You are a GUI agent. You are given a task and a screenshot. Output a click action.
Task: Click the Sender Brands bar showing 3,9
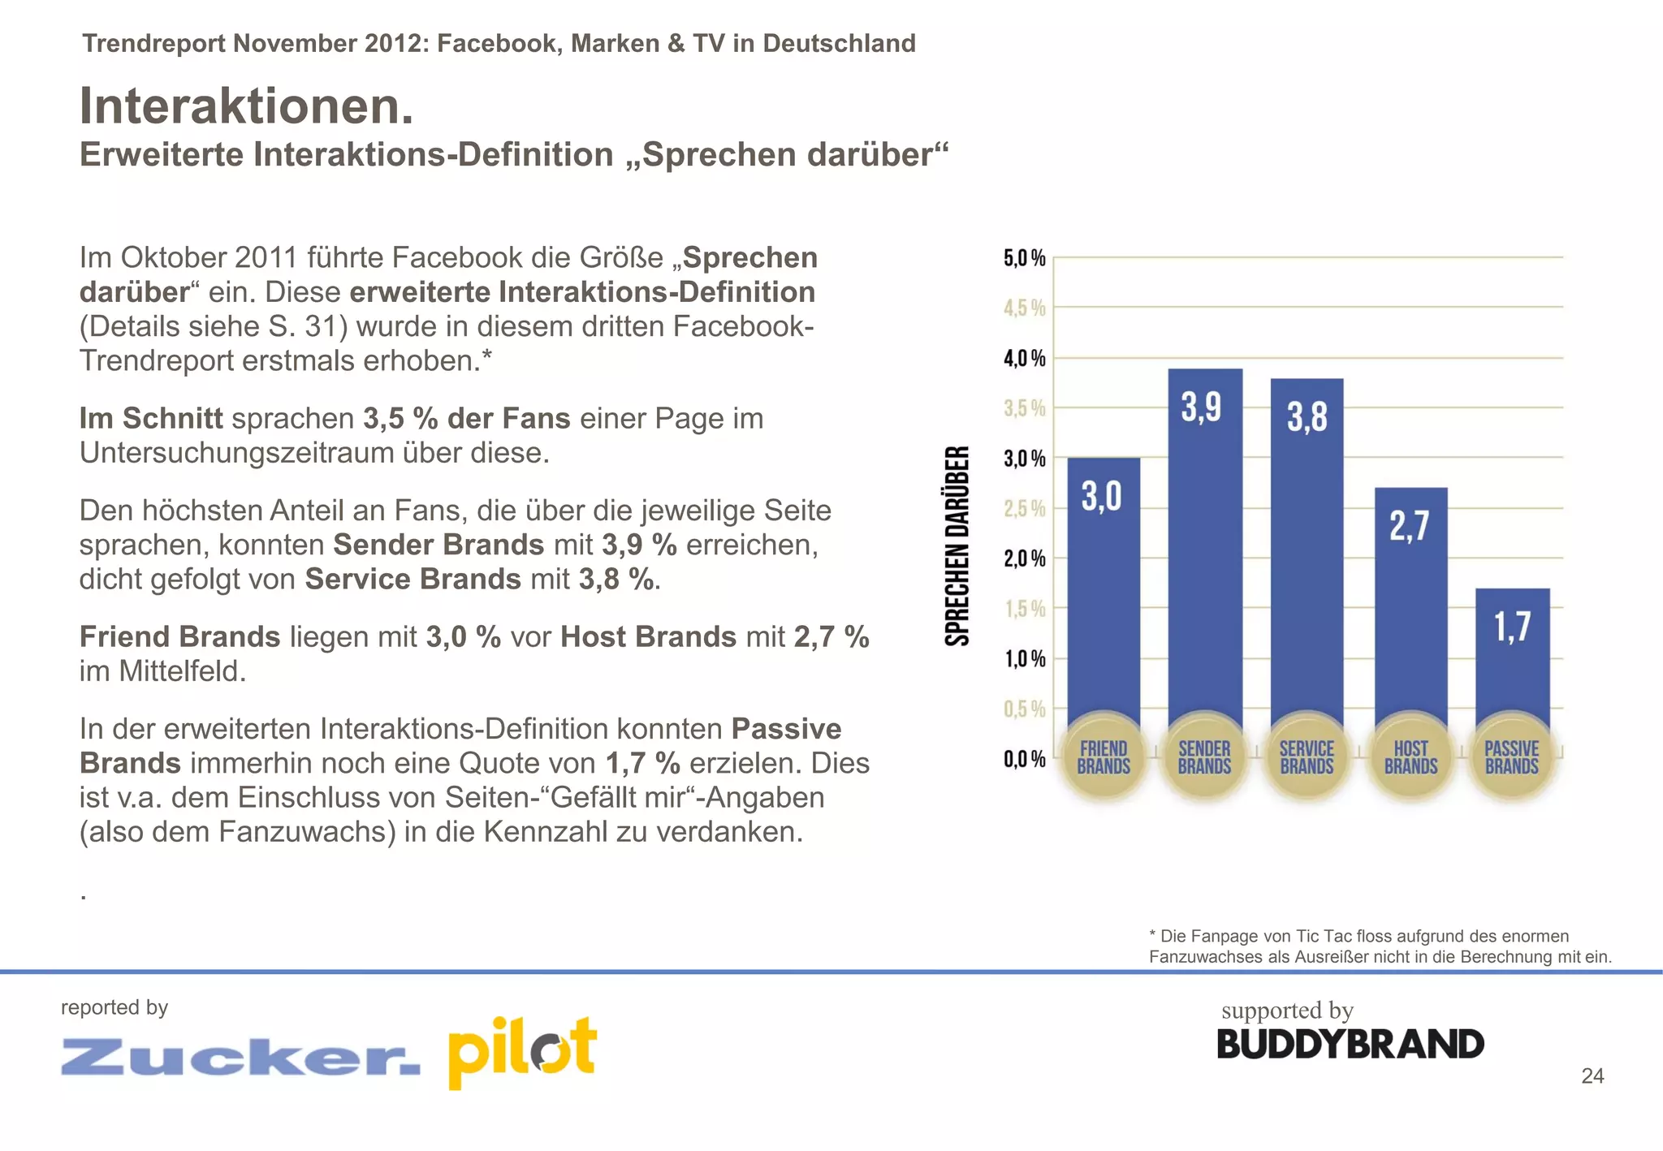pos(1204,552)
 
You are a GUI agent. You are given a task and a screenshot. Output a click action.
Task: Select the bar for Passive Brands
pos(1512,657)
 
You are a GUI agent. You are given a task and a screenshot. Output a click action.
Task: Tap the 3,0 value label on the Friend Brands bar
pos(1102,495)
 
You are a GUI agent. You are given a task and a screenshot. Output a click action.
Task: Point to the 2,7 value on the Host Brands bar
pos(1409,526)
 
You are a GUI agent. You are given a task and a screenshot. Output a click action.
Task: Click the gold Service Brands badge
pos(1307,757)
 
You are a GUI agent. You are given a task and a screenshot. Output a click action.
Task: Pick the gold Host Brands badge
pos(1410,757)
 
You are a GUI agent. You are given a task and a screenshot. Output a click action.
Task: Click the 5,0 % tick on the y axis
pos(1025,259)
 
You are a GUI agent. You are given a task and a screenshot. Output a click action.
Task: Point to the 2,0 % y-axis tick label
pos(1025,559)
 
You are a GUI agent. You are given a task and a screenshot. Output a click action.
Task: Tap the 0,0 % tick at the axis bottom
pos(1025,760)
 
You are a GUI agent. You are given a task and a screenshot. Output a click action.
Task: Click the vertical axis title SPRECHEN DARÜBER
pos(958,545)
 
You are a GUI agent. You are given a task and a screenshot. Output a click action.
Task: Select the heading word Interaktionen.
pos(247,106)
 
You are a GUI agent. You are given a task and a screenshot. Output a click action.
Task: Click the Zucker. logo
pos(240,1057)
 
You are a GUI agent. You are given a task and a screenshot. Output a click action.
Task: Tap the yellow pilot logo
pos(522,1051)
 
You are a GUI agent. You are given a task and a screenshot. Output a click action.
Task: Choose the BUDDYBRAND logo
pos(1350,1045)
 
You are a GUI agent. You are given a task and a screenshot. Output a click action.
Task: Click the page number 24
pos(1592,1076)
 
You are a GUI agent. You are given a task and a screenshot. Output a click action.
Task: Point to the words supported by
pos(1287,1011)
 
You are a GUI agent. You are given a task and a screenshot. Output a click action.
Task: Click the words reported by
pos(114,1007)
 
